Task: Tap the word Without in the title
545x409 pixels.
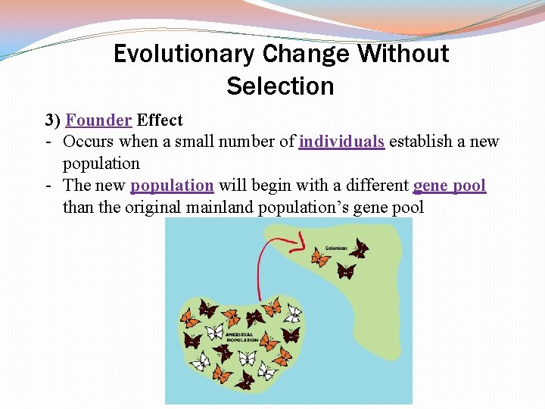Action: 403,54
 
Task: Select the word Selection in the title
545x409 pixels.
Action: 280,86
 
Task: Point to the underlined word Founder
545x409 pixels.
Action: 99,120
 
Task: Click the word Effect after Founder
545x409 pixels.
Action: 160,120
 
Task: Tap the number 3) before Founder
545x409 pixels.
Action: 52,120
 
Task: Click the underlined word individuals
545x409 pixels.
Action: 342,142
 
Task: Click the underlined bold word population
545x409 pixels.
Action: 172,186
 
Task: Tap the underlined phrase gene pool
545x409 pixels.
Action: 450,186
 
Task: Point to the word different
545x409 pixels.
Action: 373,186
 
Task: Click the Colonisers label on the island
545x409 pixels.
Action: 336,248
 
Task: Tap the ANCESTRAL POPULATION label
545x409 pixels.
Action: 241,337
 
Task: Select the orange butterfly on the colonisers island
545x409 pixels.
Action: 321,258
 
